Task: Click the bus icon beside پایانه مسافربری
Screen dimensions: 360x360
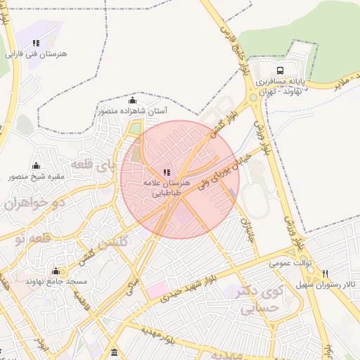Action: (281, 71)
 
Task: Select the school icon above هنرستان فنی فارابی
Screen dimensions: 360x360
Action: (36, 43)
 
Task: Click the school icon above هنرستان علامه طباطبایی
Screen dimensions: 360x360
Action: (167, 172)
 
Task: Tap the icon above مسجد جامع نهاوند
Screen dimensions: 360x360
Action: (56, 271)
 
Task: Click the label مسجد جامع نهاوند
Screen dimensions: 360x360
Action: (56, 281)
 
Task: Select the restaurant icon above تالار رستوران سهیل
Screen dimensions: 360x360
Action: (325, 274)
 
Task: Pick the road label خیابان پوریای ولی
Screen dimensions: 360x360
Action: (222, 174)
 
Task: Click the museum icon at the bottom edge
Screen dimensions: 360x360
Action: (115, 352)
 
